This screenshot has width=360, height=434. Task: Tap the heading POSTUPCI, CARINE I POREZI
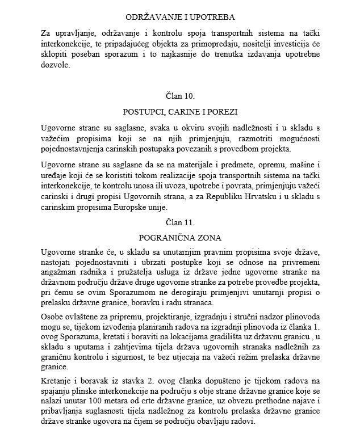179,111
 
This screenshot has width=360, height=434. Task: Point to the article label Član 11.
179,220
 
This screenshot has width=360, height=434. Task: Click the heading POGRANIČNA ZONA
179,235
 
